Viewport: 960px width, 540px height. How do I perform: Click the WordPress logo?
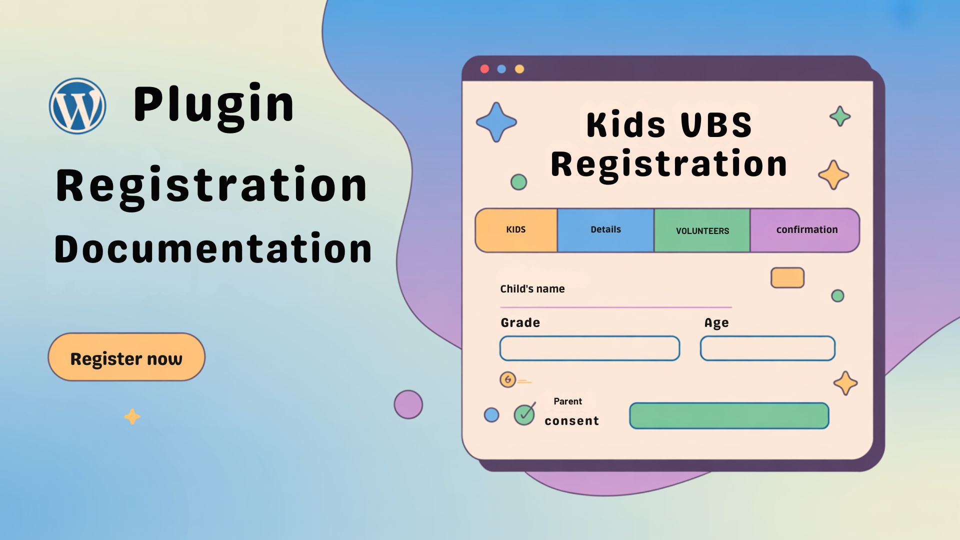(77, 106)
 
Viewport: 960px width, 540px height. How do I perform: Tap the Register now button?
(126, 357)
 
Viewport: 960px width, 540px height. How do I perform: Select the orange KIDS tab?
(516, 230)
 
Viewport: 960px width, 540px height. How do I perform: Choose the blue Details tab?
(605, 230)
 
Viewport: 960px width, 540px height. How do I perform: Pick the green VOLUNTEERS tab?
(702, 230)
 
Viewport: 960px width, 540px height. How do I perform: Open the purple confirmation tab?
(806, 230)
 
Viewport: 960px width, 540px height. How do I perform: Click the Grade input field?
(589, 348)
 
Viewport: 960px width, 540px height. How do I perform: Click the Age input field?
(767, 348)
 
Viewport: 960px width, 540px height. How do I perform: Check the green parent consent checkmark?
(524, 414)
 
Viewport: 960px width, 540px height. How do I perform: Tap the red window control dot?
(484, 69)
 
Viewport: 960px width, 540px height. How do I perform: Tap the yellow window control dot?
(519, 69)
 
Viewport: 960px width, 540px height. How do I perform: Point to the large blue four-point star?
(496, 122)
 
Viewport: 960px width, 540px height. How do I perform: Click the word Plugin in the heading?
(214, 105)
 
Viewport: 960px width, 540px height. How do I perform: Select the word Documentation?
(213, 249)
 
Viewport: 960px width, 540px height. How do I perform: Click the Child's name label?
(532, 289)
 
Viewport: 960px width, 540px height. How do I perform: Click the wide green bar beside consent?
(729, 416)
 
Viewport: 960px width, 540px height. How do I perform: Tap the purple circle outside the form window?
(408, 404)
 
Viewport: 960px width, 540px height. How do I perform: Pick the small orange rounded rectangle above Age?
(787, 278)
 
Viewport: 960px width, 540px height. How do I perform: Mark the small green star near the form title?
(840, 116)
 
